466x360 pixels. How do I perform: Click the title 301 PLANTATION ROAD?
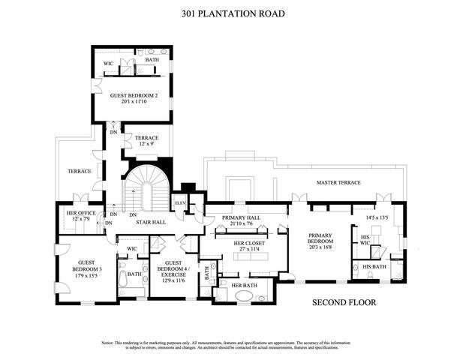point(232,13)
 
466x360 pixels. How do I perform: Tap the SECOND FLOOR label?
point(344,303)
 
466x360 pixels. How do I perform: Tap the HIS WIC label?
point(365,239)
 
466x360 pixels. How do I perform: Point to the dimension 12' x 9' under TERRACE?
point(146,145)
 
